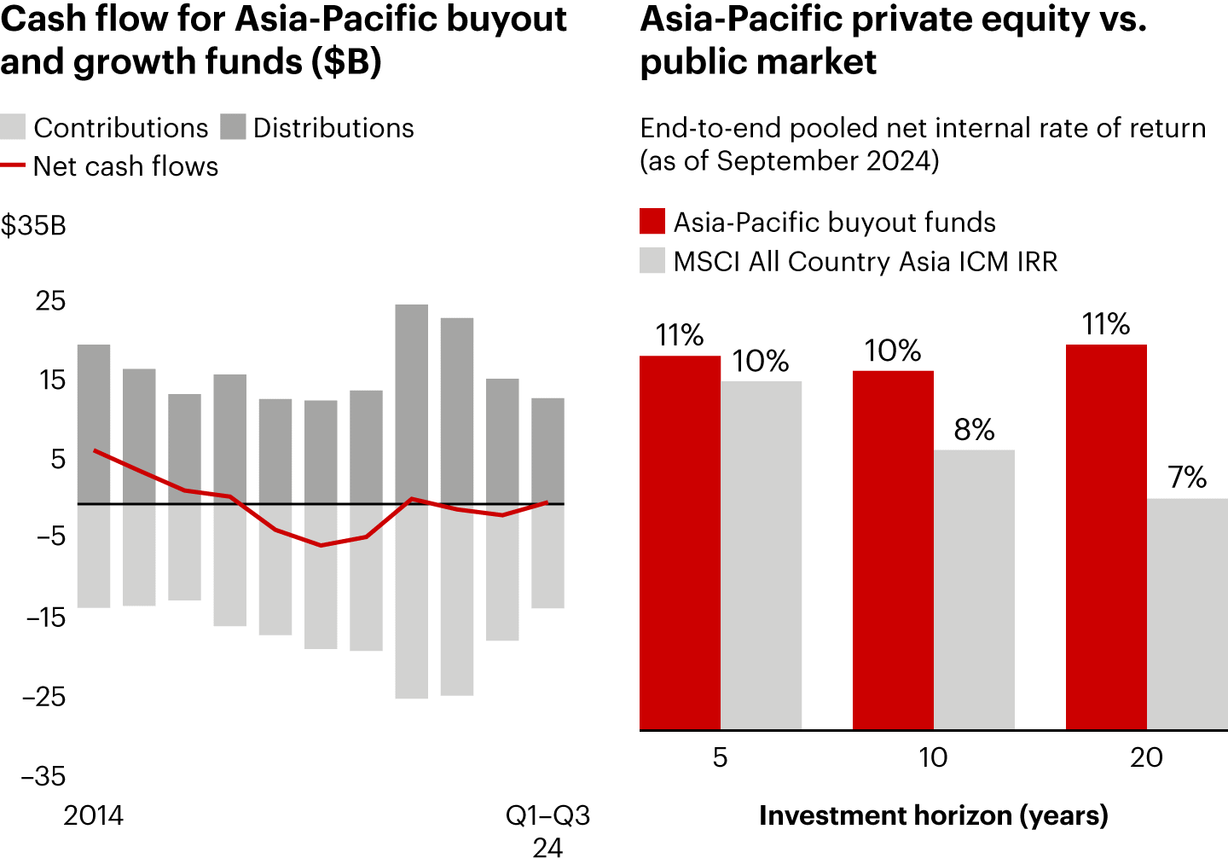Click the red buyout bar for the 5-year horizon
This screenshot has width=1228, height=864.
coord(680,542)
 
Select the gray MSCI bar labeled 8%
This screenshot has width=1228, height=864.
coord(974,589)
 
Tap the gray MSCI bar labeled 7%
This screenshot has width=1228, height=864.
coord(1187,614)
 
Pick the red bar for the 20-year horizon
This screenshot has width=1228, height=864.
coord(1106,537)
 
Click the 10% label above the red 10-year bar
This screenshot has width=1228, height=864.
coord(892,351)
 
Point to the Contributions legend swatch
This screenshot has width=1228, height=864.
coord(13,127)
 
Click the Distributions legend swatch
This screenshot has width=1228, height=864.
coord(233,127)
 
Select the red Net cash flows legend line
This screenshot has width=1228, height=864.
coord(13,165)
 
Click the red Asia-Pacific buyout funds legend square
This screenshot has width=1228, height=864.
coord(652,222)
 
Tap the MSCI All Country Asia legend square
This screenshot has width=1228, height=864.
coord(652,261)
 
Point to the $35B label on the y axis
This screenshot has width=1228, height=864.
coord(33,225)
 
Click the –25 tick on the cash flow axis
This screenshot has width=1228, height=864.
coord(44,696)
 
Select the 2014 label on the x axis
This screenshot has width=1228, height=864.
coord(93,815)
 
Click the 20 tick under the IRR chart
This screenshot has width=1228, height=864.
coord(1146,757)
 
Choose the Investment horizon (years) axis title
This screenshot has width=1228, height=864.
coord(933,815)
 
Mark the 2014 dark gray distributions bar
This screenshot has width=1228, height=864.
coord(94,424)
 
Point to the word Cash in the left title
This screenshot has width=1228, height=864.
coord(43,19)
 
